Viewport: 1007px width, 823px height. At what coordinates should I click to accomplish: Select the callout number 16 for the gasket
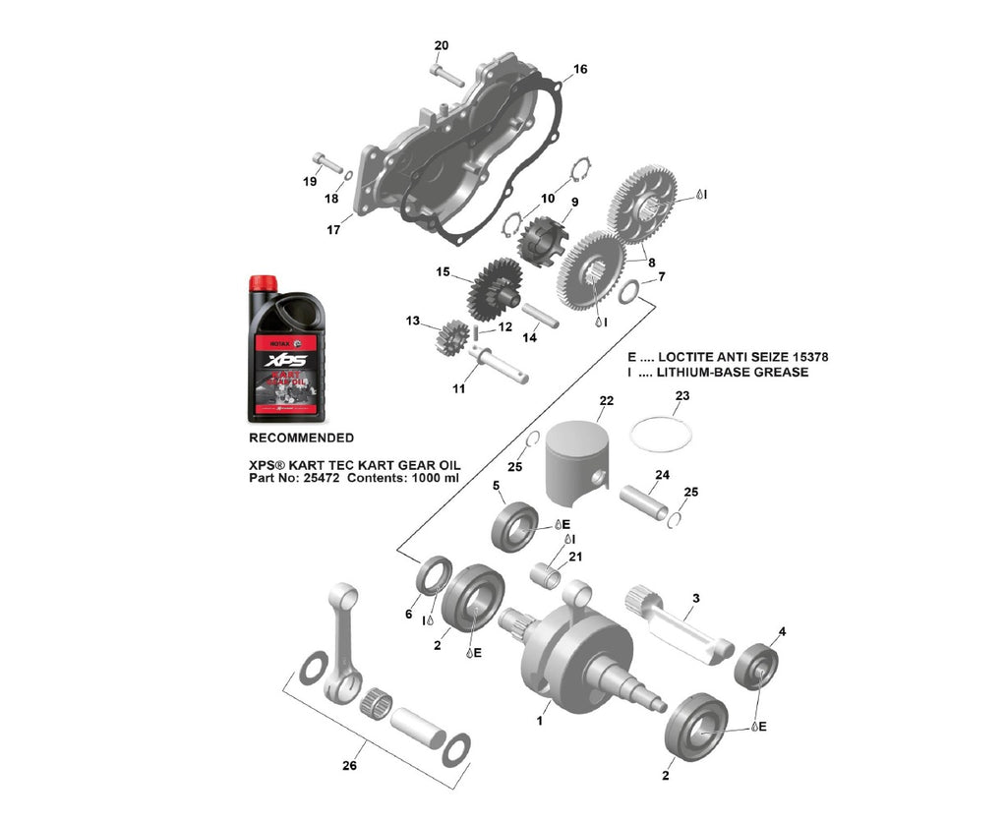(x=580, y=70)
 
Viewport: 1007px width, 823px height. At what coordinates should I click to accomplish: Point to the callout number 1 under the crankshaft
(x=539, y=721)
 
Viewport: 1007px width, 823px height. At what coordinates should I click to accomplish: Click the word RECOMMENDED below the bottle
(x=301, y=438)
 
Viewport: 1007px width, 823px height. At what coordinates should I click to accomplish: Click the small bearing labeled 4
(x=757, y=667)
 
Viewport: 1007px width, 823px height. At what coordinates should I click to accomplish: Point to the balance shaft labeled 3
(x=683, y=625)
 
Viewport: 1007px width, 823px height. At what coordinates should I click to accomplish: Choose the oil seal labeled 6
(x=432, y=577)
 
